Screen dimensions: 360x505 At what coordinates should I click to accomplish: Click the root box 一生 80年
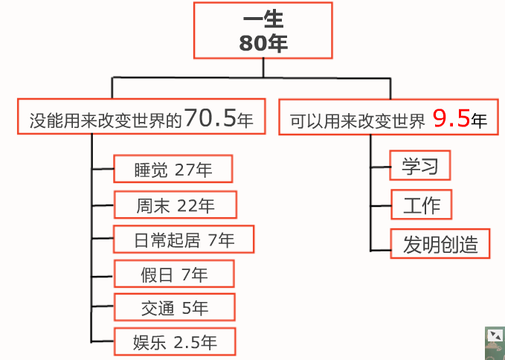(x=263, y=31)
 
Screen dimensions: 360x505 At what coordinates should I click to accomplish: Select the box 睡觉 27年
(x=173, y=170)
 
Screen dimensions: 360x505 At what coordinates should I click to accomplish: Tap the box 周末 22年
(x=176, y=205)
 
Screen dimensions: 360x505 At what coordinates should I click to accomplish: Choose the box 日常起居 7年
(x=184, y=240)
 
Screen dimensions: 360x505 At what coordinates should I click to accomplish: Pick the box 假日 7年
(x=174, y=274)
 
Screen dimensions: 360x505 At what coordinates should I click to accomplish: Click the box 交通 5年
(x=175, y=308)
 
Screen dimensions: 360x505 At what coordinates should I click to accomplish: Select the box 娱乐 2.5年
(x=175, y=342)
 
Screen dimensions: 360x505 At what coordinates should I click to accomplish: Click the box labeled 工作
(x=421, y=205)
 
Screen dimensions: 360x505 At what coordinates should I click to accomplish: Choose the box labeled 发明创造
(x=440, y=243)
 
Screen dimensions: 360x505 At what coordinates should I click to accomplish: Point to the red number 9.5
(x=451, y=118)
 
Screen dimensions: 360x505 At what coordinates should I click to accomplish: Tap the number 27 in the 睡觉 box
(x=184, y=170)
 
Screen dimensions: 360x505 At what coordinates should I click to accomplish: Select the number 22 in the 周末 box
(x=187, y=205)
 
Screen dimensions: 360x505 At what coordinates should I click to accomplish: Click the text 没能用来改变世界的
(x=106, y=119)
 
